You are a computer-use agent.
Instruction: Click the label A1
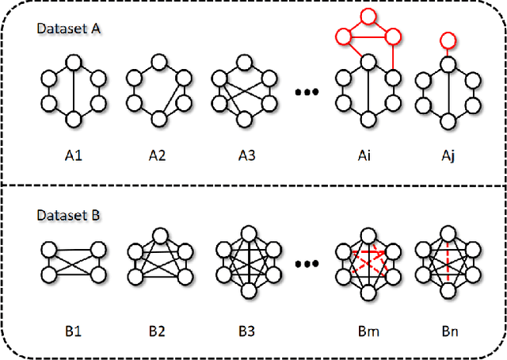click(73, 155)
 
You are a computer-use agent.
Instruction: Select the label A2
click(158, 155)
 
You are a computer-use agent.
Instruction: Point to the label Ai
click(364, 155)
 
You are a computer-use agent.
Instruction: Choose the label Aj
click(448, 155)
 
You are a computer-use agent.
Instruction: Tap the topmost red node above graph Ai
click(365, 15)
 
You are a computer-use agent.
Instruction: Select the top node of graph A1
click(73, 62)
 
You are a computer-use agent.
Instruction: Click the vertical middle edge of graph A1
click(73, 90)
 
